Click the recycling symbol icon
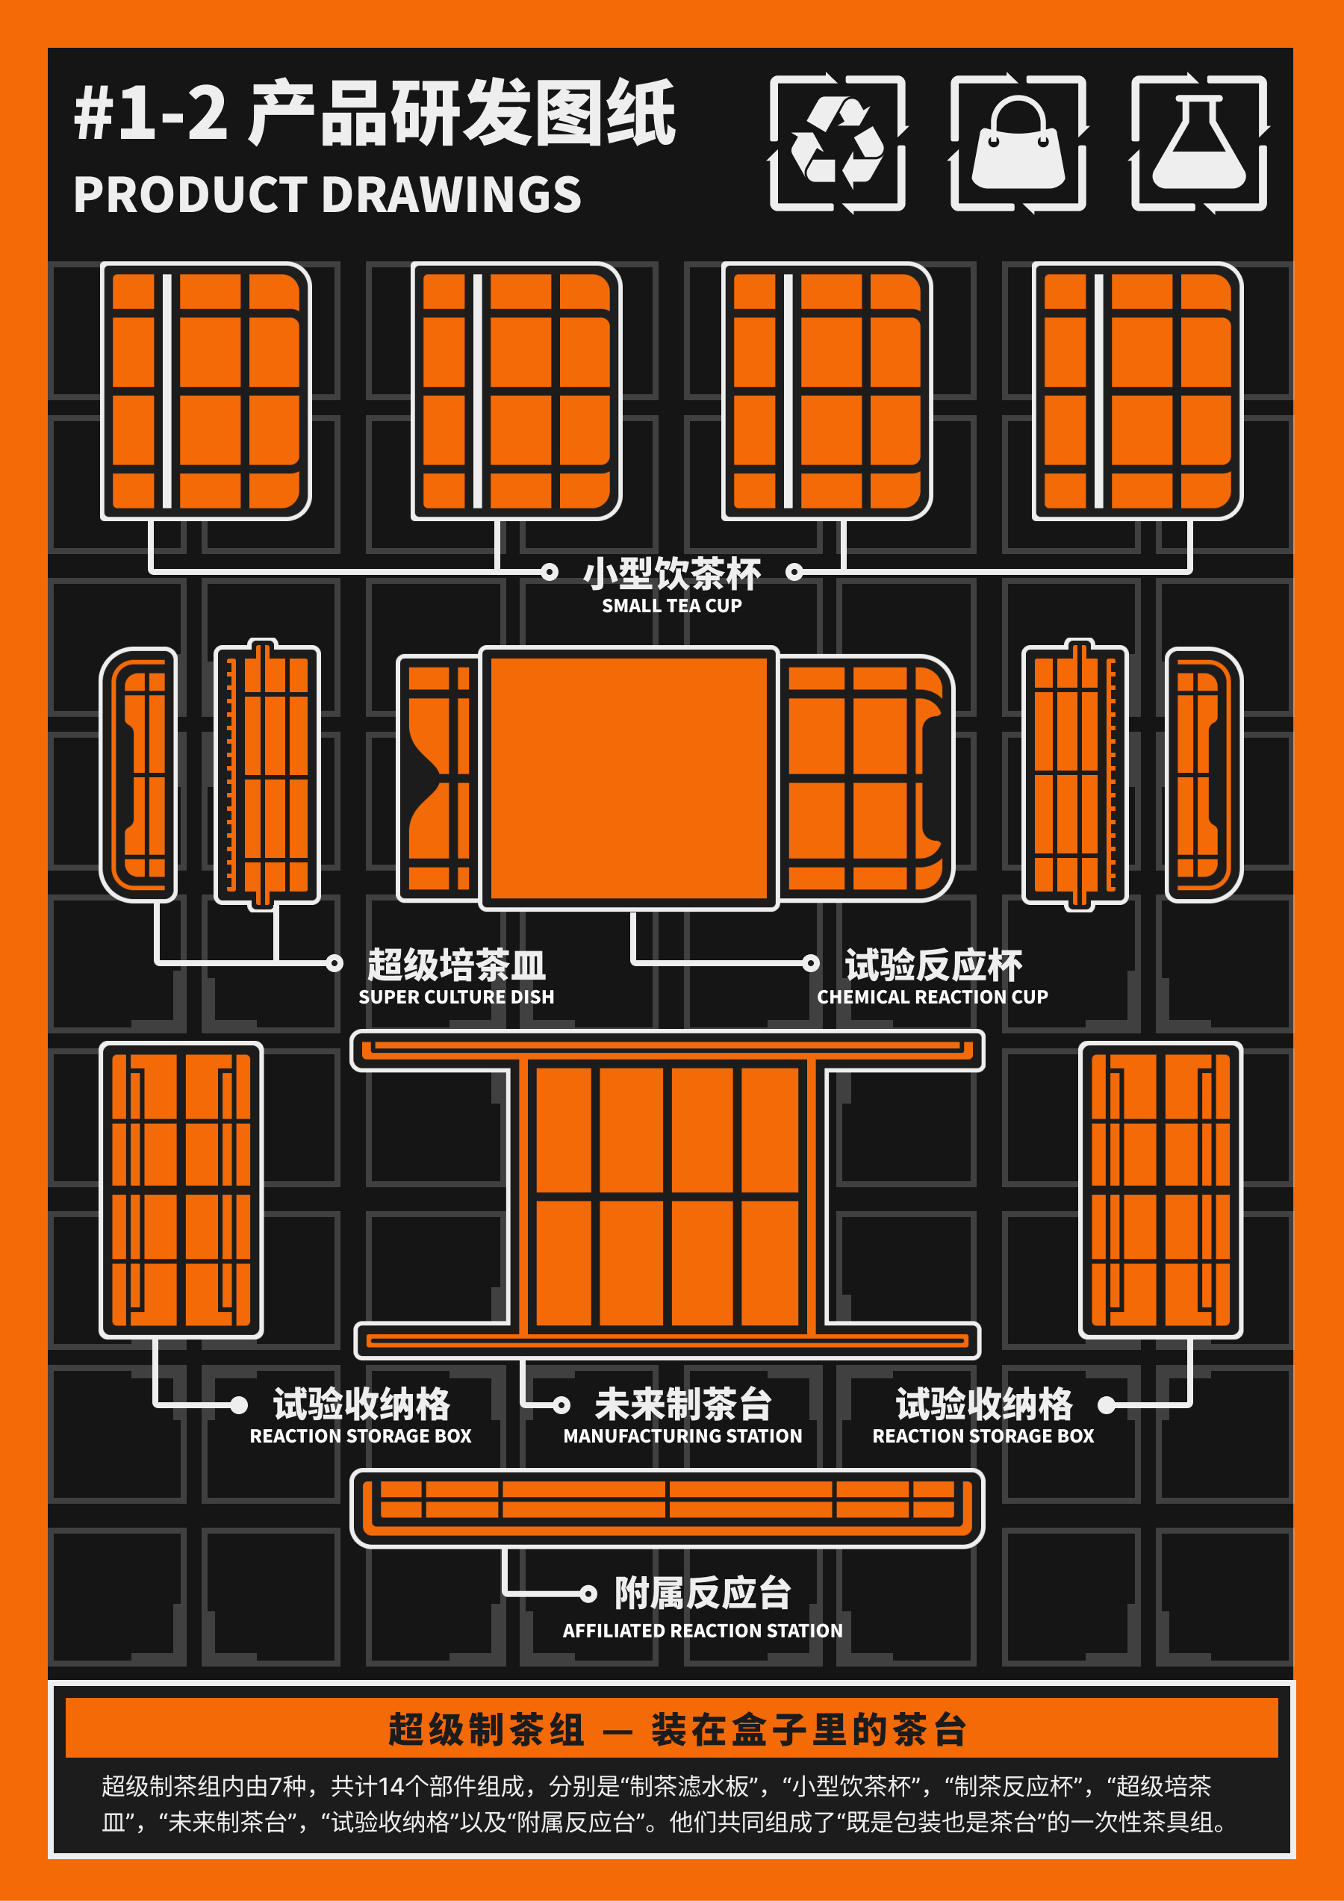pos(837,143)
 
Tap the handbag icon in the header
pos(1018,143)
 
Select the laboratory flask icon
pos(1198,143)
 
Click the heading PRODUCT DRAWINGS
pos(327,196)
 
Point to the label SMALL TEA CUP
pos(671,606)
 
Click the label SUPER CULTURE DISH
pos(456,997)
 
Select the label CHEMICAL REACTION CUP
pos(933,997)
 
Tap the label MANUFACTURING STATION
pos(682,1436)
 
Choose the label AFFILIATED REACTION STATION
pos(702,1630)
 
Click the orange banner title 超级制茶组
pos(487,1729)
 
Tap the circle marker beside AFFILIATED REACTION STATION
pos(588,1593)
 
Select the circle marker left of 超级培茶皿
pos(335,963)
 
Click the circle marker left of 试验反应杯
pos(811,963)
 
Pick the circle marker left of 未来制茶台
pos(561,1404)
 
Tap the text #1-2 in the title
pos(151,113)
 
